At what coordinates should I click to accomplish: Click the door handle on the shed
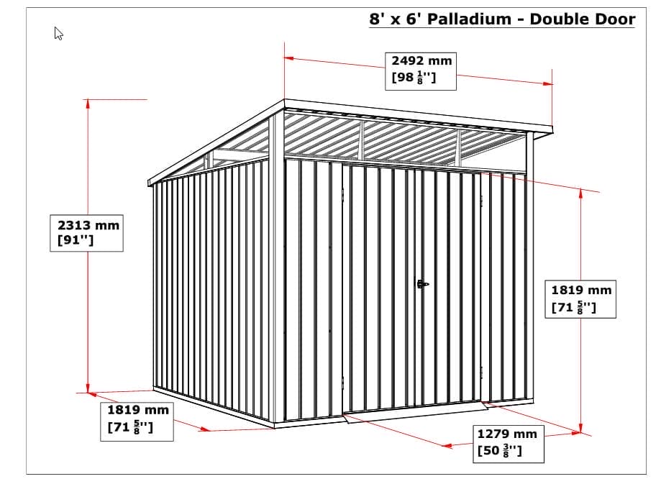pyautogui.click(x=422, y=284)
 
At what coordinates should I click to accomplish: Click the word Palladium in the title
pyautogui.click(x=470, y=19)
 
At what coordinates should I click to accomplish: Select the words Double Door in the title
pyautogui.click(x=583, y=19)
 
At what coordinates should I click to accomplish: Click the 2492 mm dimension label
pyautogui.click(x=421, y=61)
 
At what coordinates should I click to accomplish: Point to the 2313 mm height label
pyautogui.click(x=88, y=225)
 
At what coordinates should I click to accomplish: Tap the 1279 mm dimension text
pyautogui.click(x=507, y=434)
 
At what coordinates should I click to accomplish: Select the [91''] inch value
pyautogui.click(x=76, y=241)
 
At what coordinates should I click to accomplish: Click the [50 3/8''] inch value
pyautogui.click(x=500, y=451)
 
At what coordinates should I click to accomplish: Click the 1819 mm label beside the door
pyautogui.click(x=581, y=291)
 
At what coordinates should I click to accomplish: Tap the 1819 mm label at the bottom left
pyautogui.click(x=138, y=410)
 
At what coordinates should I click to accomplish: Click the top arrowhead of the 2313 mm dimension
pyautogui.click(x=88, y=103)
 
